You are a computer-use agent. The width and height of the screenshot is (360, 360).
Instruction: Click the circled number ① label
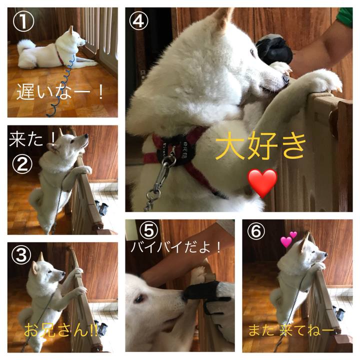[x=23, y=21]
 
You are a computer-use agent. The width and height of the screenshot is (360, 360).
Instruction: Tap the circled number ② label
[x=22, y=164]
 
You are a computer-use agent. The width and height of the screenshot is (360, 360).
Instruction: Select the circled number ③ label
[x=21, y=255]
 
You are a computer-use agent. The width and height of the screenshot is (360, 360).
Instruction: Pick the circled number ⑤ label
[x=149, y=231]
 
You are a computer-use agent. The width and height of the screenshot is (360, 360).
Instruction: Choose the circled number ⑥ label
[x=256, y=230]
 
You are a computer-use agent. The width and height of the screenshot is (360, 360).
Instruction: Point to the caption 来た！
[x=32, y=139]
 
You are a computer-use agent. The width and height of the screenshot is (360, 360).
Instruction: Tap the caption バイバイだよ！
[x=175, y=247]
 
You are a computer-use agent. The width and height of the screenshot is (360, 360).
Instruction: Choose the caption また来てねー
[x=291, y=330]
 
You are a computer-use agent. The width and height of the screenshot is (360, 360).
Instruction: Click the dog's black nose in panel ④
[x=286, y=79]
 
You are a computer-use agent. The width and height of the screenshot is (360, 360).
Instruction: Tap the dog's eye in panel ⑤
[x=139, y=298]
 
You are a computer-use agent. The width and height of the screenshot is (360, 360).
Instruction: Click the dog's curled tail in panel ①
[x=25, y=45]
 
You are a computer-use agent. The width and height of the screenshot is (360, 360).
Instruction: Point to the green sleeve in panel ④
[x=344, y=16]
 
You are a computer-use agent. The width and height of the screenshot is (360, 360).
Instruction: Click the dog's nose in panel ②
[x=86, y=136]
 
